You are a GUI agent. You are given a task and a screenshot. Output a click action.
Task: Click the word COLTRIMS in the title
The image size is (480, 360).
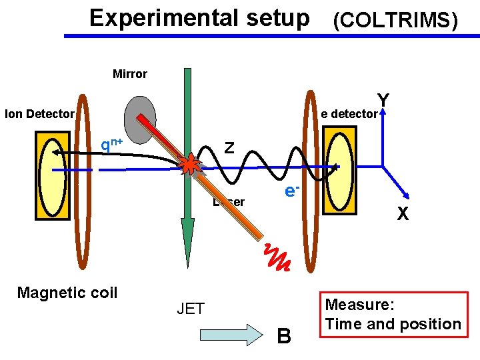pos(395,21)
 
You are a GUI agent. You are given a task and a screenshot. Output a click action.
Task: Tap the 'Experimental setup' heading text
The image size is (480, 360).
pos(199,18)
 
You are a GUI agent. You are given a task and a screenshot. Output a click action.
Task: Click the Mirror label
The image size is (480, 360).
pos(130,74)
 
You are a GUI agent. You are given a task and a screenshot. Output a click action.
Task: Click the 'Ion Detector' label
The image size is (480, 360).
pos(39,114)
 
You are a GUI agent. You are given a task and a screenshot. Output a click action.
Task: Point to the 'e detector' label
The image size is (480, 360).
pos(349,114)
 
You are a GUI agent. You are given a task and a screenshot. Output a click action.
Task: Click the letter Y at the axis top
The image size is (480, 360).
pos(383,99)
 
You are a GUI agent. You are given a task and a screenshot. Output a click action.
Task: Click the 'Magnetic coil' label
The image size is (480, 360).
pos(67,293)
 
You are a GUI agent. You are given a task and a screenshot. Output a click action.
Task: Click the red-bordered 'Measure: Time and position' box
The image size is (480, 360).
pos(393,315)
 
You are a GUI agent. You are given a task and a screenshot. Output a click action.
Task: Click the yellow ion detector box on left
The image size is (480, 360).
pos(54,174)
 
